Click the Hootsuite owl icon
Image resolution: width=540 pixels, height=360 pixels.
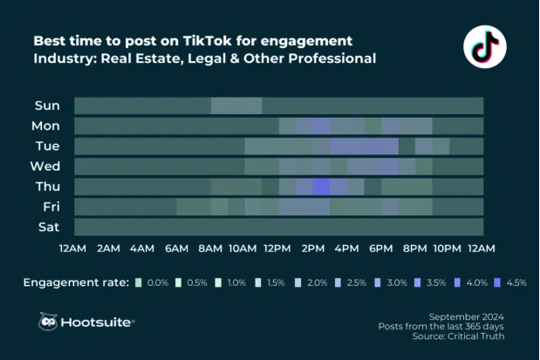pyautogui.click(x=49, y=322)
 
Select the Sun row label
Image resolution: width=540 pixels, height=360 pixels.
pyautogui.click(x=47, y=105)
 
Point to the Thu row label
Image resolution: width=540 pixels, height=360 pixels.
pyautogui.click(x=47, y=186)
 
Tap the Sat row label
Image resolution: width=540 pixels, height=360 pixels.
pyautogui.click(x=47, y=227)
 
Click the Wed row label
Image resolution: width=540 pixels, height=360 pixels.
pyautogui.click(x=47, y=166)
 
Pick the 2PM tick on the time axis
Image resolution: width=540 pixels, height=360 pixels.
pyautogui.click(x=311, y=248)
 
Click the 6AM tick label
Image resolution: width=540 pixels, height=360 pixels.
pyautogui.click(x=175, y=248)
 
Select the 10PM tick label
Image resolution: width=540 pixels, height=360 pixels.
pyautogui.click(x=448, y=248)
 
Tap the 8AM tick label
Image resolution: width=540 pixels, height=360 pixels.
pyautogui.click(x=209, y=248)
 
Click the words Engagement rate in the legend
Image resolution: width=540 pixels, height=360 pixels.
pyautogui.click(x=76, y=282)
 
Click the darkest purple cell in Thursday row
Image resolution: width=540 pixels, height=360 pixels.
pyautogui.click(x=320, y=186)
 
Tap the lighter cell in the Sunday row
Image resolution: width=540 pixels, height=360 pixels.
pyautogui.click(x=236, y=105)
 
